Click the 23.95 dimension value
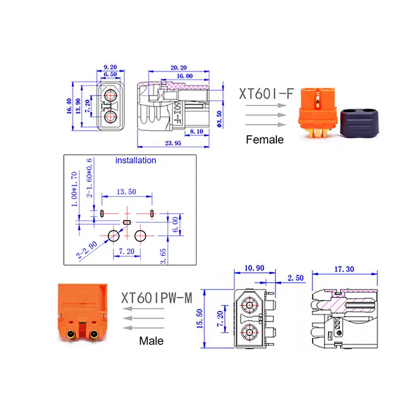(173, 143)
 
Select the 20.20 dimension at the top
(179, 68)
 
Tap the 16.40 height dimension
(69, 106)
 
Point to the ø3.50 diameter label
(219, 119)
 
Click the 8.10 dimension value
(196, 132)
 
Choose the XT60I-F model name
(266, 94)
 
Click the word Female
(265, 140)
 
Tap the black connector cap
(359, 123)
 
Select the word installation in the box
(136, 160)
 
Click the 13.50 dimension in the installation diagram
(126, 192)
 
